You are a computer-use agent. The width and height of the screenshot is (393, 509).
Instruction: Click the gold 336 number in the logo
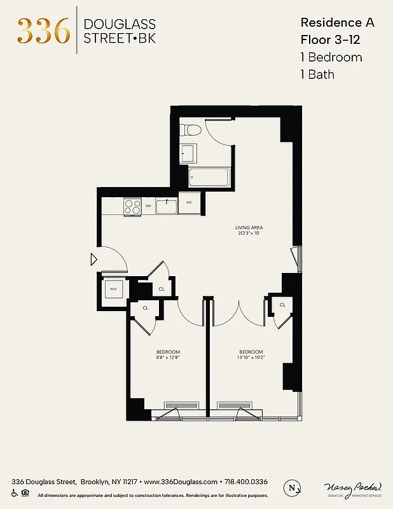click(43, 31)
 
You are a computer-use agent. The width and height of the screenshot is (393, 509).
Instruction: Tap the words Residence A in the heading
click(337, 22)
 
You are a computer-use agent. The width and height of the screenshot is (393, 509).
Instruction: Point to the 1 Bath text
click(317, 74)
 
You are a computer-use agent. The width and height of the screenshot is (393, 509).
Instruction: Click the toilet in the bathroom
click(190, 130)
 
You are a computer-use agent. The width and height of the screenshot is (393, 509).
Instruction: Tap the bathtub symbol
click(209, 176)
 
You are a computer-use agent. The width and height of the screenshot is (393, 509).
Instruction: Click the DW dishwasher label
click(148, 206)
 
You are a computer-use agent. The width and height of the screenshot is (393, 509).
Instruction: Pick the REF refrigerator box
click(189, 203)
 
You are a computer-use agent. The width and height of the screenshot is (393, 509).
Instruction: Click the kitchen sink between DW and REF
click(167, 206)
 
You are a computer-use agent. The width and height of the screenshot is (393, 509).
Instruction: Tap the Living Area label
click(249, 227)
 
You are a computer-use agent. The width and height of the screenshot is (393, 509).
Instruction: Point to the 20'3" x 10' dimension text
click(249, 234)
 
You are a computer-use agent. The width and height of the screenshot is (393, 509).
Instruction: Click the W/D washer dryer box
click(113, 289)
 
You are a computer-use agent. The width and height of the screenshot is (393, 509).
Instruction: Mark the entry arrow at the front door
click(93, 259)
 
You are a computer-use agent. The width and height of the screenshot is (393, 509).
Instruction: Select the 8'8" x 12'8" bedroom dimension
click(168, 358)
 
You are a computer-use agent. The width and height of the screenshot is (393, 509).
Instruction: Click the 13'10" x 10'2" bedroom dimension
click(251, 358)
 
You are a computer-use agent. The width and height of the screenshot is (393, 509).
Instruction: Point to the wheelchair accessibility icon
click(15, 493)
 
